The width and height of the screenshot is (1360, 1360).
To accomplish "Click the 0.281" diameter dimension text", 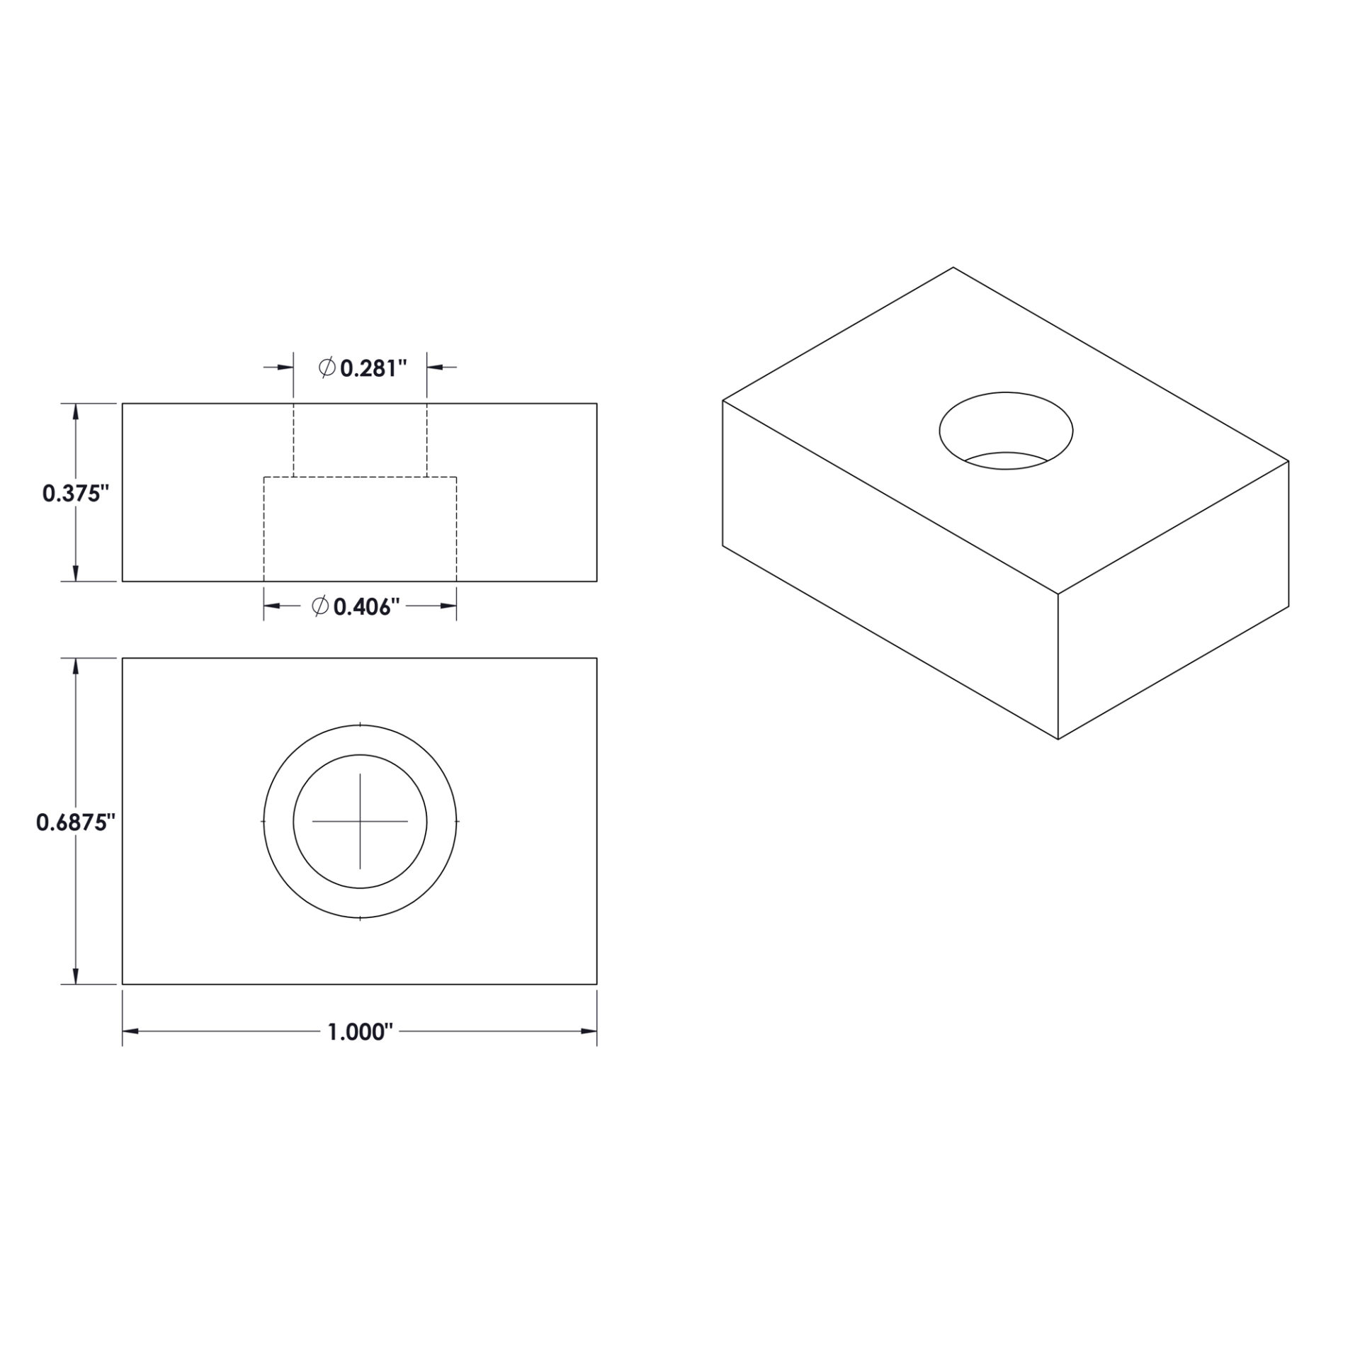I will click(x=373, y=368).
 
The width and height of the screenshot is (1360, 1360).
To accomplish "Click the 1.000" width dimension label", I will click(x=360, y=1032).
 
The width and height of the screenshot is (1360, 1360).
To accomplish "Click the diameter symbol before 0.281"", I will click(x=327, y=368).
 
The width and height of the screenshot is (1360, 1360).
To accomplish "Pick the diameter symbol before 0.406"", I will click(x=320, y=606).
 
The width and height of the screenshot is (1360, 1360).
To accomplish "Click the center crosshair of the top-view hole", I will click(x=360, y=821).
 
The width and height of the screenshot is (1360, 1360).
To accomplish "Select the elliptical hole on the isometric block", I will click(x=1006, y=430).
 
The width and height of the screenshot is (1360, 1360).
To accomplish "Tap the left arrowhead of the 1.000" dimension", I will click(x=130, y=1031).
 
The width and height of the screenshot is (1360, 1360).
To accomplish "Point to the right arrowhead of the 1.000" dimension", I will click(x=589, y=1031).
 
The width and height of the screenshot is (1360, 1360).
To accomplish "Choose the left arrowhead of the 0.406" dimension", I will click(x=272, y=606).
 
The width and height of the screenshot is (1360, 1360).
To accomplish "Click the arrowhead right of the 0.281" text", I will click(x=435, y=367).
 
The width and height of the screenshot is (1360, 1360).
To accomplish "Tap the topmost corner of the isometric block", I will click(x=953, y=268).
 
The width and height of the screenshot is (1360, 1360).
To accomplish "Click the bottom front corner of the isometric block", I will click(x=1058, y=739).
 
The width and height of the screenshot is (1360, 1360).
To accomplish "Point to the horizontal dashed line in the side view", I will click(x=360, y=477).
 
